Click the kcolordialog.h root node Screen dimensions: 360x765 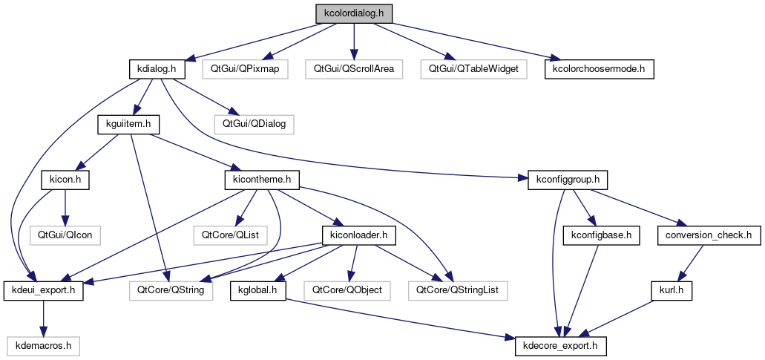[354, 13]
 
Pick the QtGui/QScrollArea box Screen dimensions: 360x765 [353, 69]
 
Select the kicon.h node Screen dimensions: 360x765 [65, 180]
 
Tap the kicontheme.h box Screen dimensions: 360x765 [261, 180]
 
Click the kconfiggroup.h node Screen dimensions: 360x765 [568, 180]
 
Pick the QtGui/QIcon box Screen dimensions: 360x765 [65, 235]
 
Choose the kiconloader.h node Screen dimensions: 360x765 [358, 235]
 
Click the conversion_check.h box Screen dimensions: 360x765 [708, 235]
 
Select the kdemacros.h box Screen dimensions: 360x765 [43, 346]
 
